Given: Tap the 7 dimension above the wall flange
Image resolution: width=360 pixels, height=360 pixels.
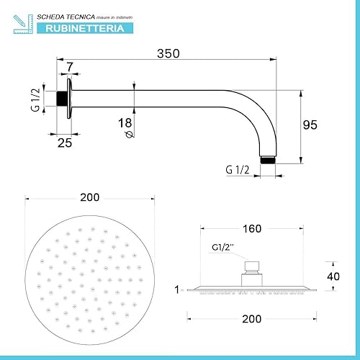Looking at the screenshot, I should pyautogui.click(x=68, y=67).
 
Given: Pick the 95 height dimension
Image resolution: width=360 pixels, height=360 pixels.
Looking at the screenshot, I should pyautogui.click(x=310, y=125).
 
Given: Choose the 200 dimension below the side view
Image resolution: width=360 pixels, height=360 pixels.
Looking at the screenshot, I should pyautogui.click(x=251, y=317).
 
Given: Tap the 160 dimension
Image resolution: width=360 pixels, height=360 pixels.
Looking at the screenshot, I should pyautogui.click(x=251, y=230).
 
